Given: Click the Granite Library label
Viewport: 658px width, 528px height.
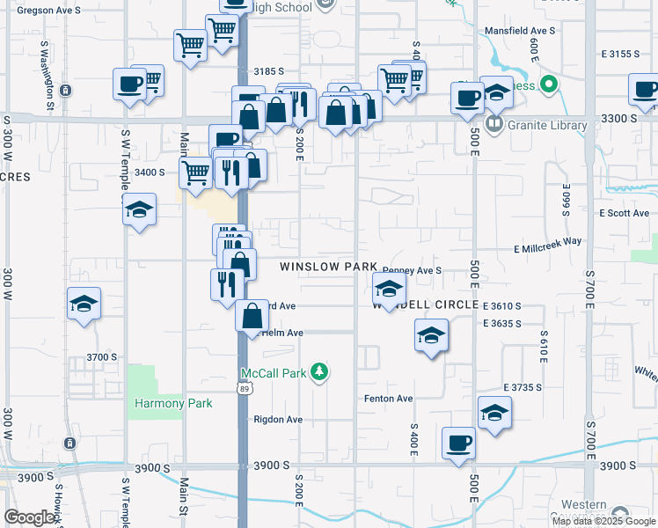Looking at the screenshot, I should pos(546,125).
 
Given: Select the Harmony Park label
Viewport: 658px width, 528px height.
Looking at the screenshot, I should pos(173,404).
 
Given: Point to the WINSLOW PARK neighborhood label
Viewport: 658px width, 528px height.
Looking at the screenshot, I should pos(328,267).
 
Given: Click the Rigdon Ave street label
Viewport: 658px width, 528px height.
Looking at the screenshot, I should pos(277,420).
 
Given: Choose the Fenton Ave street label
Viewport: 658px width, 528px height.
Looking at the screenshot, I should pos(388,399).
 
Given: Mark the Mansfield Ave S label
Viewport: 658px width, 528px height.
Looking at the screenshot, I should pos(520,31).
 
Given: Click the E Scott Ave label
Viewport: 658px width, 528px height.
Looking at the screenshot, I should pos(624,213).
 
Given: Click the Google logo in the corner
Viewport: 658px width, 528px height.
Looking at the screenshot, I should pos(30,517).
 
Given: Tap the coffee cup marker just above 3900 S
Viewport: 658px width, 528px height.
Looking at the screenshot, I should pos(458,443).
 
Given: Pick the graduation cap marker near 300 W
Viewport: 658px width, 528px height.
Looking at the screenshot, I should pos(84,304).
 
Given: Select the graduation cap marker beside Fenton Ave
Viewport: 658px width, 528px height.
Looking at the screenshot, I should pos(494,412).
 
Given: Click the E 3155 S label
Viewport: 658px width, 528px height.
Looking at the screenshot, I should pos(621,54).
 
